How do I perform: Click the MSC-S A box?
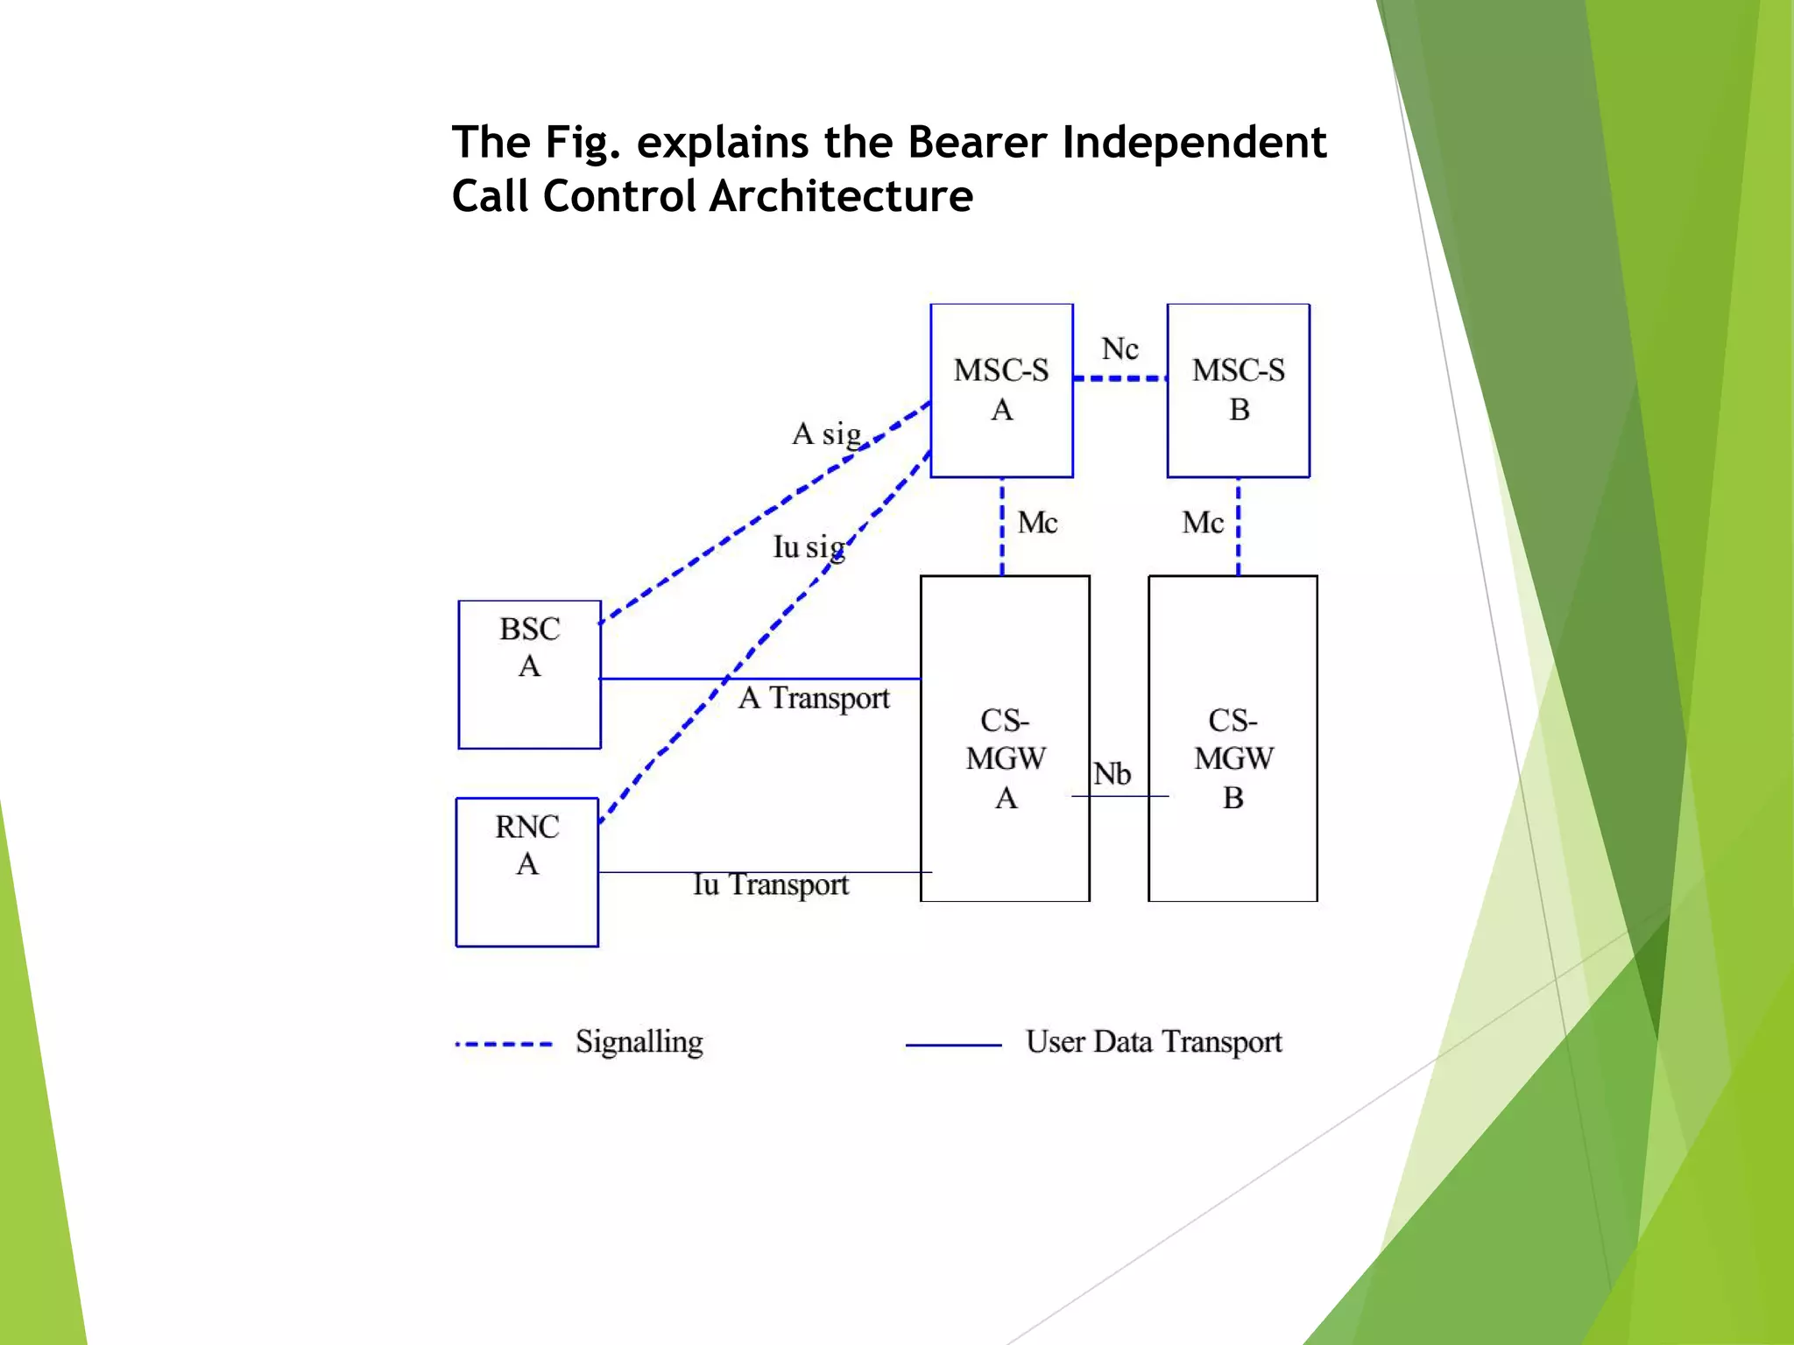tap(1001, 391)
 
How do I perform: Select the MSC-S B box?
tap(1238, 391)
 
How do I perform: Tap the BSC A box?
tap(529, 674)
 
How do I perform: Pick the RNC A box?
tap(526, 872)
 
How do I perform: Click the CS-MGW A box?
tap(1005, 738)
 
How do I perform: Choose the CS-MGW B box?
tap(1232, 738)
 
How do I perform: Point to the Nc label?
tap(1119, 349)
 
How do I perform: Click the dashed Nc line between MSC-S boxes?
tap(1119, 378)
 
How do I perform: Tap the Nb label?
tap(1112, 774)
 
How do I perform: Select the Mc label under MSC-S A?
tap(1037, 523)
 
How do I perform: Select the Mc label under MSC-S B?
tap(1202, 523)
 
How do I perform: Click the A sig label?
tap(826, 433)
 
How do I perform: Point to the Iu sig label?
tap(809, 547)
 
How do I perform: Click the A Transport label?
tap(813, 698)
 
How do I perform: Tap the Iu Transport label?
tap(770, 884)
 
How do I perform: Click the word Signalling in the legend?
tap(639, 1042)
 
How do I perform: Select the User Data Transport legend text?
tap(1153, 1042)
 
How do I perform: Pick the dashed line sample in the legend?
tap(504, 1045)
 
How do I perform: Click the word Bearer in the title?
tap(977, 142)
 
